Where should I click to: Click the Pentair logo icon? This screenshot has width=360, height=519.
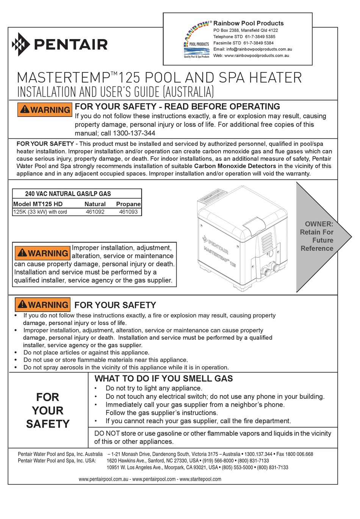click(x=21, y=44)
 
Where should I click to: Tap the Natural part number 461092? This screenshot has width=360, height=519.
click(x=95, y=212)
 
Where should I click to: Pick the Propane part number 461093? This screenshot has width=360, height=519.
click(x=128, y=212)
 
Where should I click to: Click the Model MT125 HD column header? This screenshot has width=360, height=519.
click(x=38, y=204)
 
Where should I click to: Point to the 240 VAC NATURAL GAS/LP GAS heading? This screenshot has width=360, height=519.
click(x=68, y=194)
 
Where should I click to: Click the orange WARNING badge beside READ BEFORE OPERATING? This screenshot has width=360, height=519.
click(x=45, y=110)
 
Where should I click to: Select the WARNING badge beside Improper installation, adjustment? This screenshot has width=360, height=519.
click(x=42, y=253)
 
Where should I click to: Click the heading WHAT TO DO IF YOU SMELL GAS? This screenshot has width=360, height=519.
click(x=164, y=378)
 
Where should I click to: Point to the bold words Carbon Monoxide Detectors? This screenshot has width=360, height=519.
click(x=235, y=166)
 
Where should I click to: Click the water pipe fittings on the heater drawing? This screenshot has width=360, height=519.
click(x=268, y=270)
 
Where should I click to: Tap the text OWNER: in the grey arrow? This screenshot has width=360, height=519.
click(x=319, y=224)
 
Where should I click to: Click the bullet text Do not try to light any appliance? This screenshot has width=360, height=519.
click(x=154, y=388)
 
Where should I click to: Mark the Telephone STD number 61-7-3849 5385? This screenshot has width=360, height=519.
click(x=260, y=37)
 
